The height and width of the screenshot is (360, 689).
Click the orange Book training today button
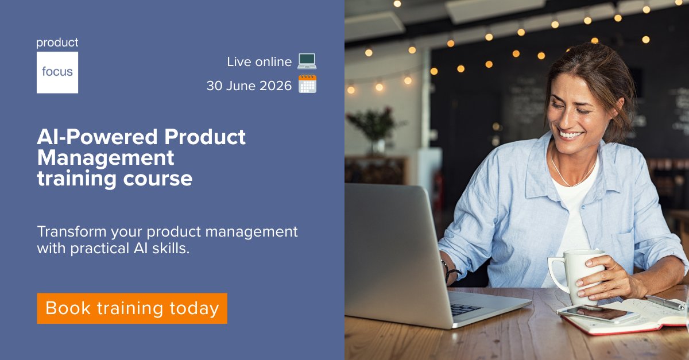[x=132, y=308]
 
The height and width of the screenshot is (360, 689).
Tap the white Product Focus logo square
[x=57, y=72]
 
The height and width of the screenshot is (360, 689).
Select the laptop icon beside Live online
[x=307, y=61]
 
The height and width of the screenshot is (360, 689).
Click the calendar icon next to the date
[x=307, y=84]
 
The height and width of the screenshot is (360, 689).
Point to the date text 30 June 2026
[x=249, y=86]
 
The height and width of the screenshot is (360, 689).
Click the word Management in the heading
[x=106, y=157]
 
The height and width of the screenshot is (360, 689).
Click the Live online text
[x=259, y=61]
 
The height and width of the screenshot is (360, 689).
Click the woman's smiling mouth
[x=571, y=134]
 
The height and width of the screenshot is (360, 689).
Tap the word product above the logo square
[x=57, y=42]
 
